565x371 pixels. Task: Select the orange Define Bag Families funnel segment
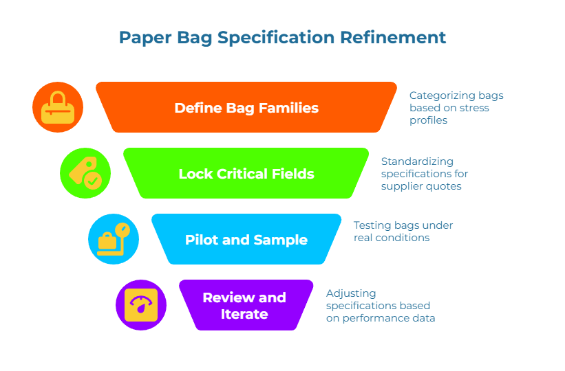(x=246, y=108)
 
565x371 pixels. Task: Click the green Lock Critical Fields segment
(x=246, y=174)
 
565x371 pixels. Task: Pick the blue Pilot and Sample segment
(x=246, y=240)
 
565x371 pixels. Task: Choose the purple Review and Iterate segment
(x=244, y=306)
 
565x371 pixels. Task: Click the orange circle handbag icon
(x=58, y=108)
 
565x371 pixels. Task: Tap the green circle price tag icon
(x=85, y=174)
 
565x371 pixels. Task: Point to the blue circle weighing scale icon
(x=114, y=240)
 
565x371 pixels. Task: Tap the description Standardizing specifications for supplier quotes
(x=425, y=174)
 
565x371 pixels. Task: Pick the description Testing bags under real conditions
(x=403, y=232)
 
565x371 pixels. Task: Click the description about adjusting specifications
(x=380, y=305)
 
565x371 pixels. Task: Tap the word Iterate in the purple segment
(x=244, y=314)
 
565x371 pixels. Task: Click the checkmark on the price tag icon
(x=92, y=181)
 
